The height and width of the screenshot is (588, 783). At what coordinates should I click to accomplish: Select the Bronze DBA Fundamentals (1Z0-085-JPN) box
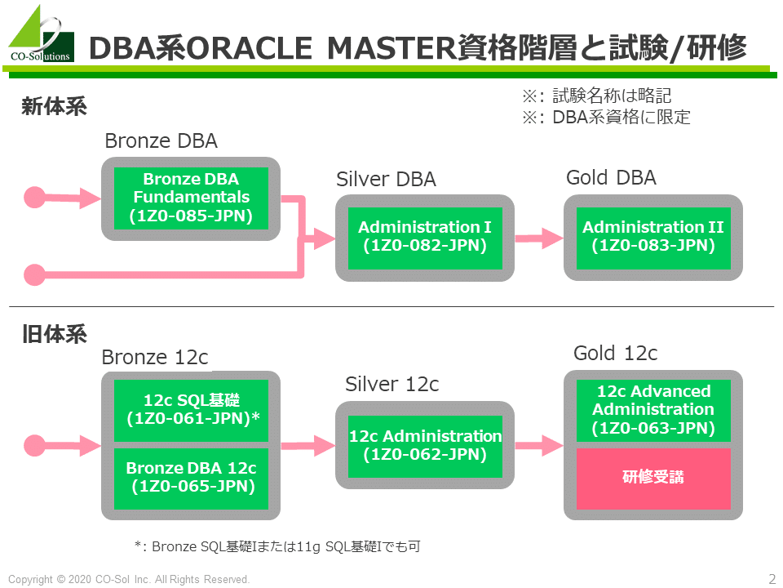click(x=191, y=198)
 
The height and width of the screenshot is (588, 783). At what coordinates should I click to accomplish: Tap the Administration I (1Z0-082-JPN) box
click(x=425, y=238)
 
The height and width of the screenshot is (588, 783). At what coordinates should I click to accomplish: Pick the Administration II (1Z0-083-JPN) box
click(x=653, y=238)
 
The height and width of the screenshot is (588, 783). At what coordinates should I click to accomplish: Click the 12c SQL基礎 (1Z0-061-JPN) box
click(x=191, y=411)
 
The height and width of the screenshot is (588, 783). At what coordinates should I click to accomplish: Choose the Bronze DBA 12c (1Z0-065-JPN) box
click(x=191, y=479)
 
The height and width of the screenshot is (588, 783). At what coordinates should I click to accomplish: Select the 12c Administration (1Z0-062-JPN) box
click(x=425, y=446)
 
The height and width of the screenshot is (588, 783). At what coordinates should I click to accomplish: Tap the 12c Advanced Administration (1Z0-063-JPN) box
click(x=653, y=411)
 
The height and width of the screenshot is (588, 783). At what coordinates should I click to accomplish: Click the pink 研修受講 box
click(x=653, y=479)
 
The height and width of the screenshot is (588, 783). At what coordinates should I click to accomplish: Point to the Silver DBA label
click(x=386, y=179)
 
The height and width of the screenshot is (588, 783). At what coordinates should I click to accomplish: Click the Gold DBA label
click(x=611, y=177)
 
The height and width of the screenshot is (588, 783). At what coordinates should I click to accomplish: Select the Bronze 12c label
click(x=155, y=357)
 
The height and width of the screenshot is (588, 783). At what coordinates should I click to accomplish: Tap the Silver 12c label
click(x=392, y=384)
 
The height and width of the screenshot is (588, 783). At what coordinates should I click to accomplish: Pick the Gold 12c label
click(x=615, y=353)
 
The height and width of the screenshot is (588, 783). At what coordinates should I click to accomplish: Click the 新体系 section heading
click(x=54, y=106)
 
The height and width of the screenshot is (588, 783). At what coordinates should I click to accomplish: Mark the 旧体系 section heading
click(x=54, y=334)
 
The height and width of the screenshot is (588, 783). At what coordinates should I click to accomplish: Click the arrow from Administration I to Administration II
click(x=539, y=238)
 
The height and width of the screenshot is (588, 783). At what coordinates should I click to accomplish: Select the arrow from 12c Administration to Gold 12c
click(x=539, y=446)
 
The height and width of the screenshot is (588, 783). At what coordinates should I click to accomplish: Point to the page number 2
click(x=772, y=578)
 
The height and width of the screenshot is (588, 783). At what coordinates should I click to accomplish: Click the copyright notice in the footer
click(x=129, y=579)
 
